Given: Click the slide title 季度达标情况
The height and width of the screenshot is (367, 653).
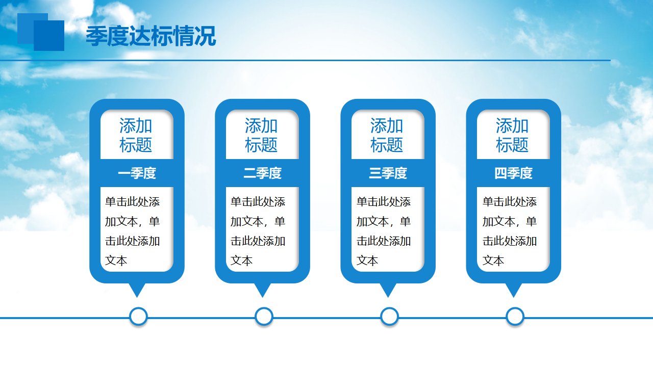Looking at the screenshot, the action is pos(150,36).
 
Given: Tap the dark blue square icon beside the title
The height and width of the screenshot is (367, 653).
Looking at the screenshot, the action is pos(49,36).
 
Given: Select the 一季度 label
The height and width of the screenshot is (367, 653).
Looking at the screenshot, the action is pos(137,173).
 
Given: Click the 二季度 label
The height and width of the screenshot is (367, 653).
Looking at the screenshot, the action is pos(262,173).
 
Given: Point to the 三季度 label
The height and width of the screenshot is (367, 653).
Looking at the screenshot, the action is pos(388,173).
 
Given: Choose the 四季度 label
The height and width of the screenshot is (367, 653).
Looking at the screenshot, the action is pos(514,173).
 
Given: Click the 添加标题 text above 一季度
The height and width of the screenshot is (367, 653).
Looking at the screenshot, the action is pos(136,135).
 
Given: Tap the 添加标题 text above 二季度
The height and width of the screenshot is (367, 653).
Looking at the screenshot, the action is pos(261,135).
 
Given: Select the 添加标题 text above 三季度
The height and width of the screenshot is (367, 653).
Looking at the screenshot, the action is pos(387,135).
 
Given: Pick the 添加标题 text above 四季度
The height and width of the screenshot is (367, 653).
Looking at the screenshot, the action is pos(513,135).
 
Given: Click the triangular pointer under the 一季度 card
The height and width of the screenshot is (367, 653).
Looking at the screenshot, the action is pos(137,289).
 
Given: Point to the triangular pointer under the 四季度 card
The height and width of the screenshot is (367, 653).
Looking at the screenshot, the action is pos(514,289).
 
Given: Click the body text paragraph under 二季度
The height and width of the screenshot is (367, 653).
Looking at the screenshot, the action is pos(258,231).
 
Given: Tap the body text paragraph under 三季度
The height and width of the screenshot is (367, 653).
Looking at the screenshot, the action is pos(384,231).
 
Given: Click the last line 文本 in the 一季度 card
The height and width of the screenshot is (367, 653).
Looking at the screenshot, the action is pos(116,260).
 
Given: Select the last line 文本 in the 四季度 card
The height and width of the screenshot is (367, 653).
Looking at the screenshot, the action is pos(493,260).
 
